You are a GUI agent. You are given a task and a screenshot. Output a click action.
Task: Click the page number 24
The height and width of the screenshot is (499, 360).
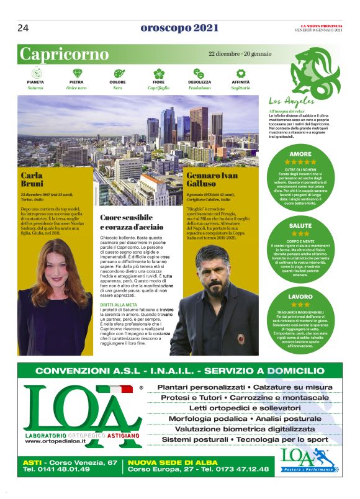tap(24, 28)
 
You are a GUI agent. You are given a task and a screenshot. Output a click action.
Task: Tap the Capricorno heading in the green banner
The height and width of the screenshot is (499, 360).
tap(65, 55)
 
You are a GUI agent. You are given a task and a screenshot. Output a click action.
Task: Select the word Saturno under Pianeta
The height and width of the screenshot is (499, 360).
tap(35, 88)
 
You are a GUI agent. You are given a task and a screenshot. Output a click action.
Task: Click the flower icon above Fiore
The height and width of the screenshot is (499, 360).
tap(158, 73)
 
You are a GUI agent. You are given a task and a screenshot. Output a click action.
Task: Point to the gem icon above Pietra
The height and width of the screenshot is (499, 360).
tap(77, 73)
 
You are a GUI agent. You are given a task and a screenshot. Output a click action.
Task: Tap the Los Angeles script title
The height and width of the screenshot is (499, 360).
tap(292, 101)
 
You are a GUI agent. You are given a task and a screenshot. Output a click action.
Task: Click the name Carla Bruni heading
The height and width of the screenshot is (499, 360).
tap(32, 180)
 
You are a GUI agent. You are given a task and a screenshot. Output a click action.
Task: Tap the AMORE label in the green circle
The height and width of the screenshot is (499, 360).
tap(300, 154)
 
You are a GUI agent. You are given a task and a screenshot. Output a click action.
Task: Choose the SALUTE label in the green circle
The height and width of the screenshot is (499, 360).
tap(300, 225)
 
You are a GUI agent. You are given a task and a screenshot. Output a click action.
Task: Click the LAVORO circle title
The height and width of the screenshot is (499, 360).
tap(300, 297)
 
